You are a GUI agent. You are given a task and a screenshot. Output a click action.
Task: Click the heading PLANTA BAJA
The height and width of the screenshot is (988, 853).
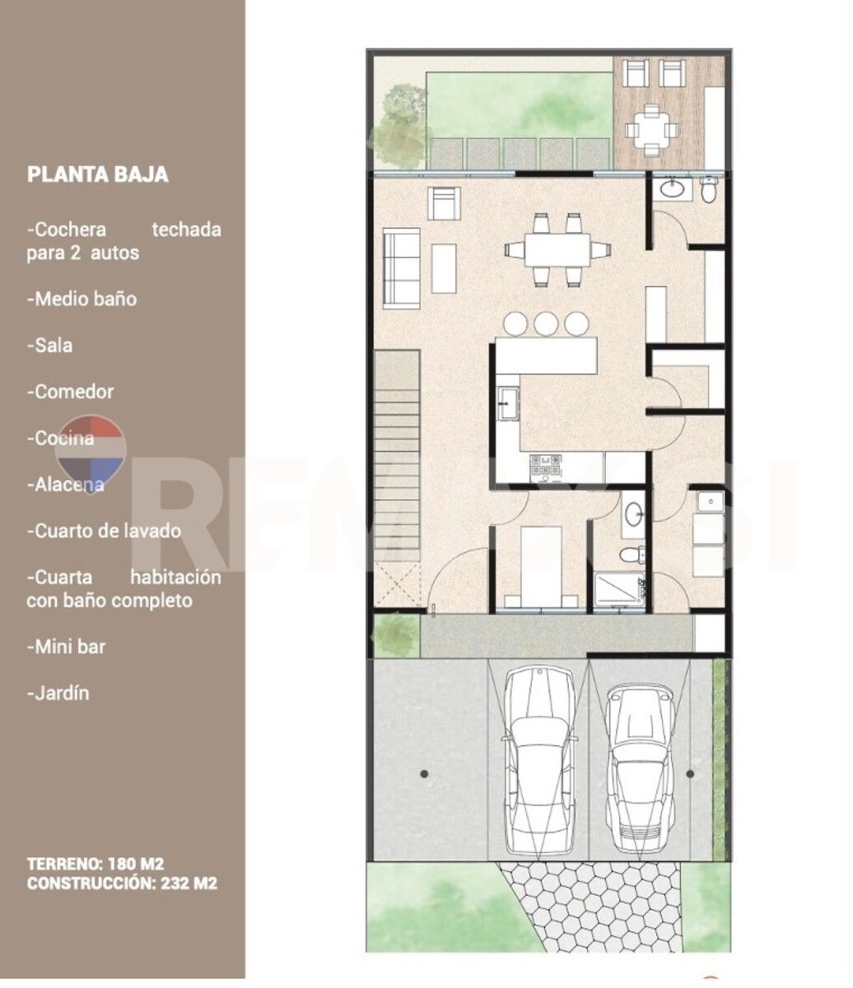pos(97,175)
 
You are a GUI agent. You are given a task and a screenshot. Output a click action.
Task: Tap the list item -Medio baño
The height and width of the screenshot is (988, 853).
pos(82,299)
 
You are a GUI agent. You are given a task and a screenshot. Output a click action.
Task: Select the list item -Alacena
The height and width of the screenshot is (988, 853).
pos(66,485)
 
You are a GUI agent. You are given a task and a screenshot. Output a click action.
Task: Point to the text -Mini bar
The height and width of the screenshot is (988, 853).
pos(66,646)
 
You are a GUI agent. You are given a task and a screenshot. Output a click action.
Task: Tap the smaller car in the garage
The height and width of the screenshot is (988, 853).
pos(641,768)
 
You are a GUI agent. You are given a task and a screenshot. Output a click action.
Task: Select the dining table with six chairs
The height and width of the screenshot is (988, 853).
pos(557,250)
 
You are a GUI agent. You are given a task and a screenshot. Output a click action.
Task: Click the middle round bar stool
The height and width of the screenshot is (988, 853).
pos(546,324)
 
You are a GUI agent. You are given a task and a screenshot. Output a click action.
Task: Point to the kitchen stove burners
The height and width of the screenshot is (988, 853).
pos(545,467)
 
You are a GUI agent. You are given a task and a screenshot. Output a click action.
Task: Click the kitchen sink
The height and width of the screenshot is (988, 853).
pos(508,403)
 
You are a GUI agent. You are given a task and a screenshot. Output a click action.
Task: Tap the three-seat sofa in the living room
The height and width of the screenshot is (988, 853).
pos(401,266)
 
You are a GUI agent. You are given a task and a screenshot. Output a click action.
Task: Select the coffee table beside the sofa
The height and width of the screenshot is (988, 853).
pos(444,268)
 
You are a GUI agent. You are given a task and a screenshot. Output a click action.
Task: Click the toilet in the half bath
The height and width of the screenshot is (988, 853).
pos(708,189)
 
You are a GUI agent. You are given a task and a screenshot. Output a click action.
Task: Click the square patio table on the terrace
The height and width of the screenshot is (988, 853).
pos(652,130)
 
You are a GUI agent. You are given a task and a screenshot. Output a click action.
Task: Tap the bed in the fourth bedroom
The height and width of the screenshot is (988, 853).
pos(541,567)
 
